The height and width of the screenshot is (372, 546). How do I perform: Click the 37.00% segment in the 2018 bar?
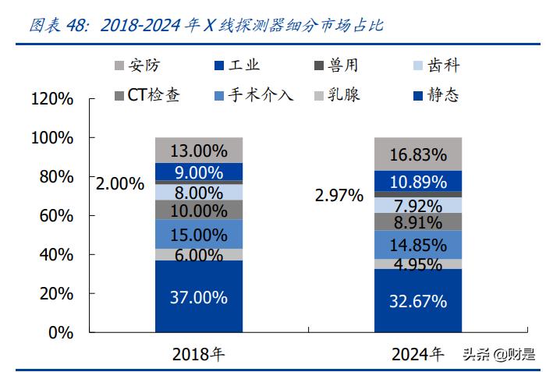coord(199,297)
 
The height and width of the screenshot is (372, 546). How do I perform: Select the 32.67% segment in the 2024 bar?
coord(418,301)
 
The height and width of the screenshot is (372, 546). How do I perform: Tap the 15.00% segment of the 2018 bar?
coord(199,234)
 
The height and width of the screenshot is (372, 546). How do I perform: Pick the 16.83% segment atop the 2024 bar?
coord(418,154)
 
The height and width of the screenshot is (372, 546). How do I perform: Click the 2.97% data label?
coord(339,195)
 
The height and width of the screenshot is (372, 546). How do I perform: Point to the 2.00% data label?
coord(120,184)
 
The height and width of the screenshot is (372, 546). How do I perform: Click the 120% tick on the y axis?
coord(52,99)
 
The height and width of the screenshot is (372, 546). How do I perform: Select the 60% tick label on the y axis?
coord(57,216)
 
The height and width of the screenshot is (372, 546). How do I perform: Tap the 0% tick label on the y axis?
coord(61,333)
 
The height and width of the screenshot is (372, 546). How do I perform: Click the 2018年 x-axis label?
coord(198,354)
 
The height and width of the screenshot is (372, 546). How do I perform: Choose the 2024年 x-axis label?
coord(417,354)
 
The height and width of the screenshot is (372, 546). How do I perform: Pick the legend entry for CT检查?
coord(146,96)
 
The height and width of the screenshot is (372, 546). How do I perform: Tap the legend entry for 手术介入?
coord(253,96)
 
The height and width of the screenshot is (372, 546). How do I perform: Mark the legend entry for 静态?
coord(437,96)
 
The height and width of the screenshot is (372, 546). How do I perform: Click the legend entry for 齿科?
coord(437,66)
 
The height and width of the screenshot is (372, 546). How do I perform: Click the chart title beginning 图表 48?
coord(206,25)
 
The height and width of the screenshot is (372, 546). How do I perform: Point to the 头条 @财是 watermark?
coord(499,355)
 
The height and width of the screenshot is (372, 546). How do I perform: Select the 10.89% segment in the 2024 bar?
coord(418,182)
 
